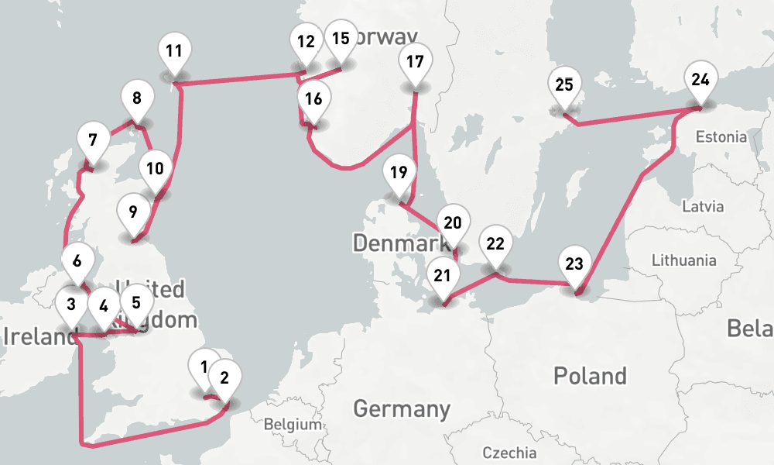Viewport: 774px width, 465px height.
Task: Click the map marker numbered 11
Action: [x=174, y=53]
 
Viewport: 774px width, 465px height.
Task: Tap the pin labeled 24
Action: [x=700, y=80]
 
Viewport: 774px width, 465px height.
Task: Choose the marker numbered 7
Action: [x=93, y=142]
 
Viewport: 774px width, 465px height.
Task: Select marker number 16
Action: [x=313, y=100]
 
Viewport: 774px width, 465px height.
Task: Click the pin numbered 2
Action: [x=224, y=379]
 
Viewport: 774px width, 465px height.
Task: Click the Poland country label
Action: [x=590, y=377]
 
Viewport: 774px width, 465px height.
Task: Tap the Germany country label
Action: [x=402, y=408]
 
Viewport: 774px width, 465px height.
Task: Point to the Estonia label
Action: [x=721, y=137]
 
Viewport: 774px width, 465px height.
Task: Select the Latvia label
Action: [x=703, y=207]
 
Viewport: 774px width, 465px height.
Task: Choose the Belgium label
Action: [x=292, y=425]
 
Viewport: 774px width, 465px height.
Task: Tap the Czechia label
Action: [x=508, y=453]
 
